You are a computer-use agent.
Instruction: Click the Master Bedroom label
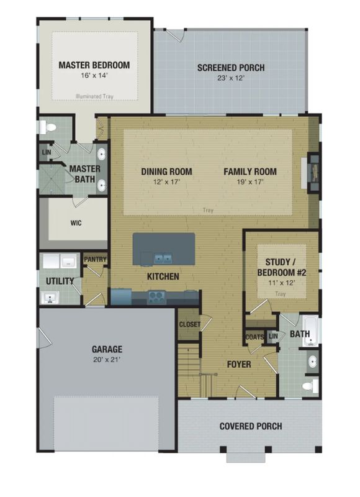(94, 65)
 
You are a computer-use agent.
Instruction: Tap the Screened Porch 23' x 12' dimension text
(231, 78)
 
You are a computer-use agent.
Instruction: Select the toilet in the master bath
(48, 128)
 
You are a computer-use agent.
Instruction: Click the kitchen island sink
(163, 258)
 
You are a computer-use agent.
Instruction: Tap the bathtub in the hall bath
(310, 331)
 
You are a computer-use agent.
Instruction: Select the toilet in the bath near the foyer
(310, 386)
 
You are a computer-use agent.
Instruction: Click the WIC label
(76, 223)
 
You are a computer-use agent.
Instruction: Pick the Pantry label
(95, 259)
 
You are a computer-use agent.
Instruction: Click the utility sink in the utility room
(50, 299)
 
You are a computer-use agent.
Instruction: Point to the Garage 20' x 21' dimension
(107, 360)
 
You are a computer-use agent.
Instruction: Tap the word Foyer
(239, 365)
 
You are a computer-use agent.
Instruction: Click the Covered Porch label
(251, 426)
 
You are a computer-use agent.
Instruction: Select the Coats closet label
(254, 337)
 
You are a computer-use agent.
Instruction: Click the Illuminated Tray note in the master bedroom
(94, 96)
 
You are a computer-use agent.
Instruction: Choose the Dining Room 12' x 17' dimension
(166, 182)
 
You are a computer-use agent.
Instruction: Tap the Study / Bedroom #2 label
(281, 267)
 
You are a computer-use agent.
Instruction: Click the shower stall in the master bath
(52, 180)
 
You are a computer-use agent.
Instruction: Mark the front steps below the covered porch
(246, 458)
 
